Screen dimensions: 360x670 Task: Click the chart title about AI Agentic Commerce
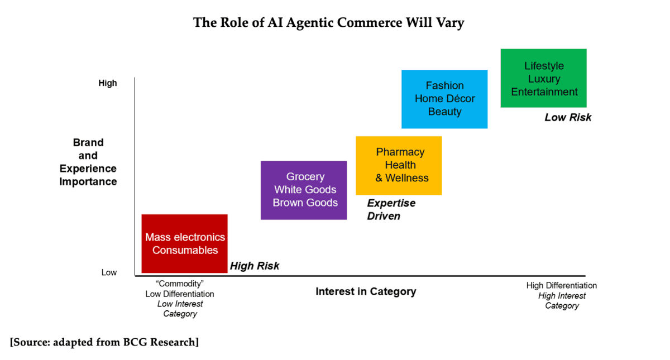[x=328, y=23]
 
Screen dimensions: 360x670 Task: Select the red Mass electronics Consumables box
[x=185, y=243]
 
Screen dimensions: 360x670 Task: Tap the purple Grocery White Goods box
[x=304, y=190]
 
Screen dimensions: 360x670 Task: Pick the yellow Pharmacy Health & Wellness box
[x=399, y=165]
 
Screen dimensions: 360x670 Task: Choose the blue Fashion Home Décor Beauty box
[x=444, y=99]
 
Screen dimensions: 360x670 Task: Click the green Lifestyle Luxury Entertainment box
[x=543, y=78]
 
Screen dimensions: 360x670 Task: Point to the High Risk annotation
[x=255, y=266]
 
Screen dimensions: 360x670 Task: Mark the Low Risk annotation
[x=568, y=117]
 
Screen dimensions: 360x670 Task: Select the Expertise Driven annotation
[x=391, y=209]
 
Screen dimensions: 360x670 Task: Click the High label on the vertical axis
[x=108, y=83]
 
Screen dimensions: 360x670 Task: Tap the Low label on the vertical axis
[x=109, y=272]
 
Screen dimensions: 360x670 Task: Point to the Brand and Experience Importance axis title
[x=88, y=162]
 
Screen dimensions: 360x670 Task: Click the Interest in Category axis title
[x=366, y=291]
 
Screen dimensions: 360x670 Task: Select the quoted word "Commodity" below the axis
[x=180, y=284]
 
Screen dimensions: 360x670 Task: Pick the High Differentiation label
[x=562, y=285]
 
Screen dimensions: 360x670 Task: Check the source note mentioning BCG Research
[x=104, y=342]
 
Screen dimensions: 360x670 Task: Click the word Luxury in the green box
[x=544, y=79]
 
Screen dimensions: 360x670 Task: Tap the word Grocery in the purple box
[x=305, y=176]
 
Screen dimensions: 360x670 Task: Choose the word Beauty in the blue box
[x=445, y=112]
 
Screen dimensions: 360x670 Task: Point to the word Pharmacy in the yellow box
[x=400, y=152]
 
